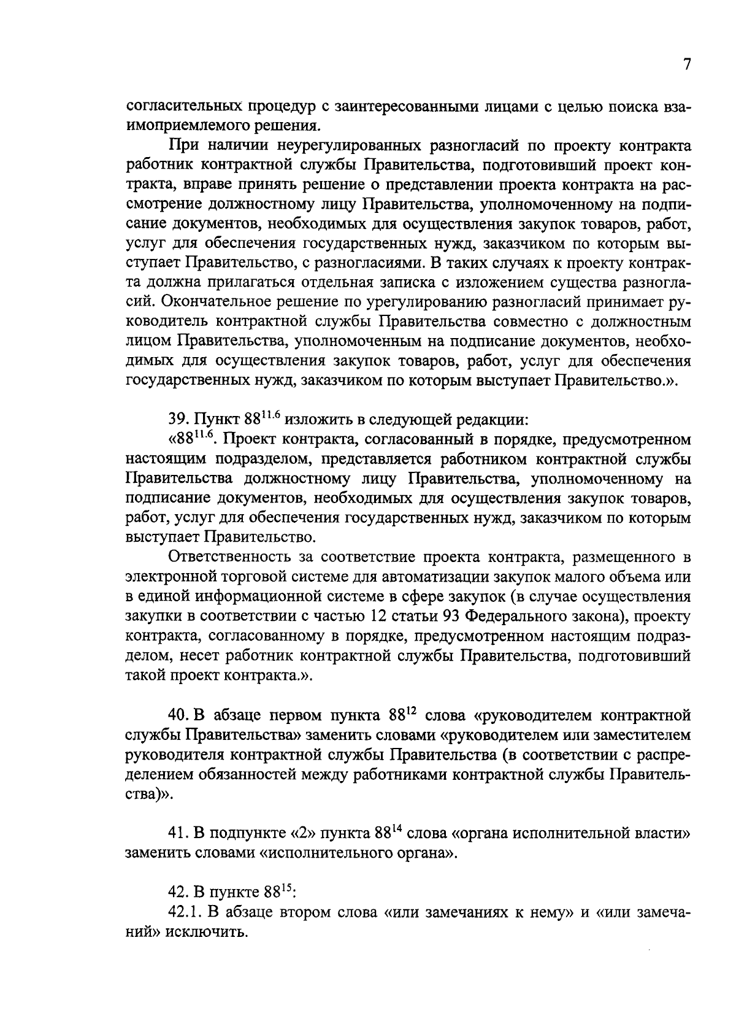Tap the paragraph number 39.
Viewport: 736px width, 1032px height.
(178, 420)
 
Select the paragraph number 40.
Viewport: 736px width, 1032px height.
(178, 716)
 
